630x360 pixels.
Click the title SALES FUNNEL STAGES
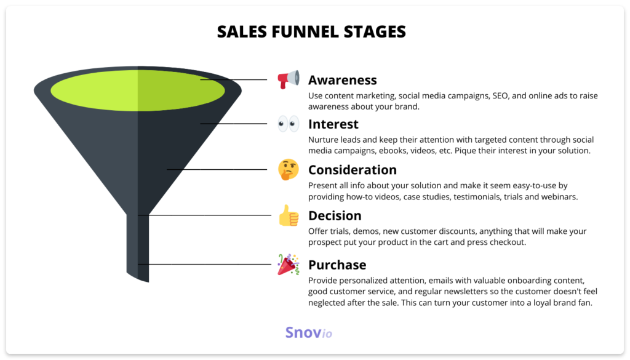(x=311, y=31)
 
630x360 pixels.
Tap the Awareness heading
(x=342, y=80)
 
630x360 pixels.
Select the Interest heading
(x=333, y=124)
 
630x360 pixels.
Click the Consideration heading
(x=352, y=170)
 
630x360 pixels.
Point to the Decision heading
(x=334, y=216)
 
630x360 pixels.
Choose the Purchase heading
(x=337, y=265)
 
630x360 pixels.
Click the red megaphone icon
(x=288, y=79)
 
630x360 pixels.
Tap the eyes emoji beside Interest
(x=288, y=124)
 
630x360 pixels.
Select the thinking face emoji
(x=288, y=170)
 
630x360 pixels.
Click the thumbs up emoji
(x=288, y=216)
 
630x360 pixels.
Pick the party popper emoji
(x=288, y=264)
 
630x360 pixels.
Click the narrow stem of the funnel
(x=138, y=246)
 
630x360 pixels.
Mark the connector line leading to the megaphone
(x=234, y=79)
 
